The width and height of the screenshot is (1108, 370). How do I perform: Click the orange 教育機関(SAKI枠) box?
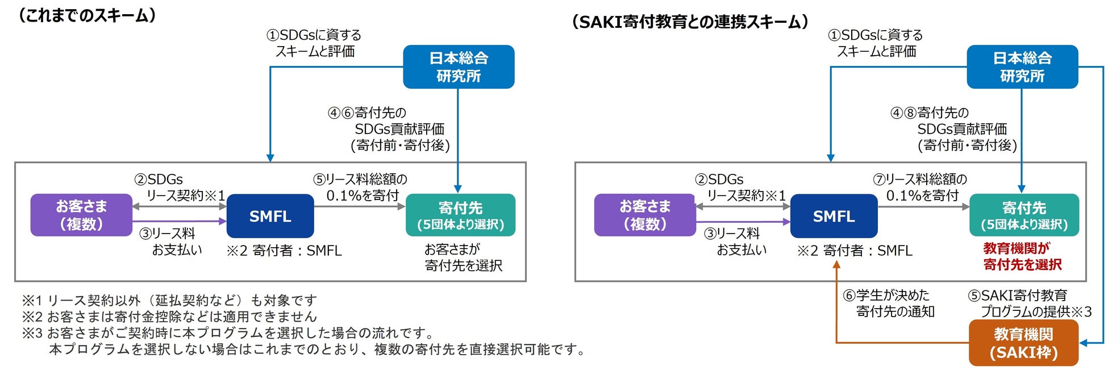[x=1023, y=343]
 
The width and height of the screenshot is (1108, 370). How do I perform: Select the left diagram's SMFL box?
[x=270, y=216]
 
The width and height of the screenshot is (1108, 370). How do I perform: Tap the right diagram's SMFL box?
[x=834, y=216]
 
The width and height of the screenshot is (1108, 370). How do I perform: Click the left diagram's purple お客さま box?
[x=81, y=215]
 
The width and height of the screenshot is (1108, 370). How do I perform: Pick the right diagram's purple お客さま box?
[x=645, y=215]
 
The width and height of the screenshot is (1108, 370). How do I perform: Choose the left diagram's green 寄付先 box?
[x=460, y=215]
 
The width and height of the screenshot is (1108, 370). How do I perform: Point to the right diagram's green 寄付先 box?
[x=1024, y=215]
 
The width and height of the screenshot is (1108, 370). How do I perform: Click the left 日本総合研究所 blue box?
[x=459, y=66]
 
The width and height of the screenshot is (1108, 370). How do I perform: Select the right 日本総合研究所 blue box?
[x=1022, y=66]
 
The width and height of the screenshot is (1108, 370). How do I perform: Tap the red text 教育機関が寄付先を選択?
[x=1022, y=256]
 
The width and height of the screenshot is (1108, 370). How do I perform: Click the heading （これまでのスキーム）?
[x=87, y=15]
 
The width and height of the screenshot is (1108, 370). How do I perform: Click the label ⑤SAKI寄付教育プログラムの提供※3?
[x=1028, y=304]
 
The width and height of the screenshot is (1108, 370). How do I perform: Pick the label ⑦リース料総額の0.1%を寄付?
[x=920, y=188]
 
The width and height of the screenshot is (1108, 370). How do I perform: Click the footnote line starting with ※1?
[x=169, y=300]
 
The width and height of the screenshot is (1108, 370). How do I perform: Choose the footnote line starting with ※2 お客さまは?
[x=169, y=317]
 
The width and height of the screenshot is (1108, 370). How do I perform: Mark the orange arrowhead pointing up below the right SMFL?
[x=836, y=265]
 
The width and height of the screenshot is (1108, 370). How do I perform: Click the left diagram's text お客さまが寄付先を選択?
[x=463, y=257]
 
